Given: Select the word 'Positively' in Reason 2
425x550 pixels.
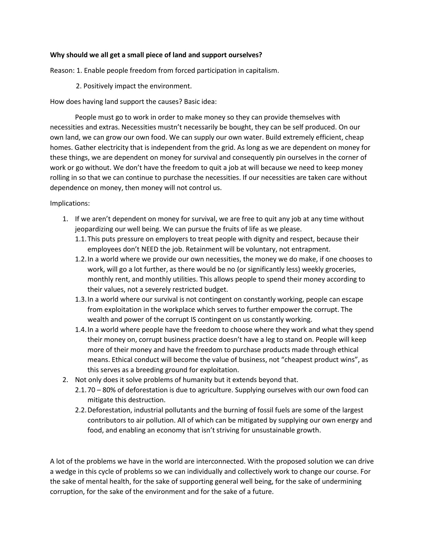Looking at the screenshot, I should tap(98, 86).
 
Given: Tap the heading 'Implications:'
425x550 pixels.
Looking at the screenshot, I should tap(70, 203).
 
